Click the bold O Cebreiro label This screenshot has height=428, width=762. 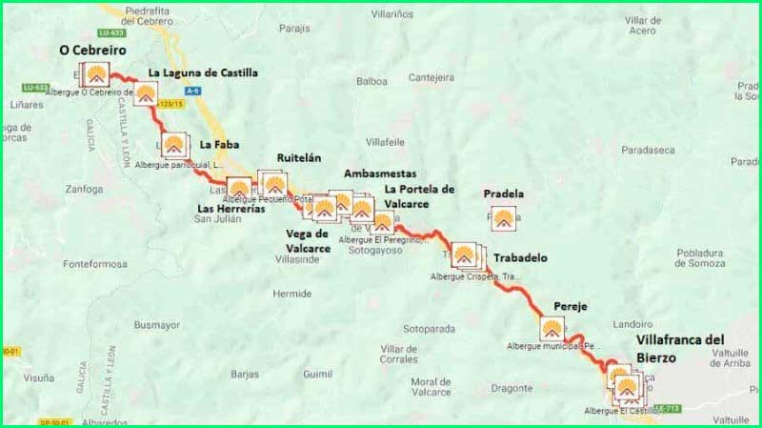(92, 50)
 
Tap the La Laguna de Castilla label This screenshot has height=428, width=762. (202, 72)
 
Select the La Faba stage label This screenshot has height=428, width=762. (219, 146)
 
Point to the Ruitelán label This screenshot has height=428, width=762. (303, 157)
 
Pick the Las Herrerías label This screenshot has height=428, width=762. (231, 208)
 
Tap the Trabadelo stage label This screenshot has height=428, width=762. (521, 257)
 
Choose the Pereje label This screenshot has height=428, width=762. (570, 306)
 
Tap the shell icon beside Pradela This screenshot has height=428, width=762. (503, 219)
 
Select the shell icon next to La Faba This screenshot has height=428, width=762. (173, 146)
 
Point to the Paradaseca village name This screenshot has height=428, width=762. (647, 150)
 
